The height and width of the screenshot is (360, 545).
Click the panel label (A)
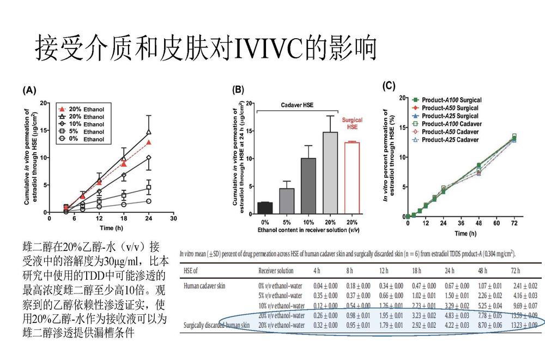29,91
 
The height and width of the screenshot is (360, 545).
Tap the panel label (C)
389,85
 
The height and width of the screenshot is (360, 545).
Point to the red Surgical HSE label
352,123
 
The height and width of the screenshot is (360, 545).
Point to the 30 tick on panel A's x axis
173,219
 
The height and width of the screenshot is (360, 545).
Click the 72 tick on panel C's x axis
514,224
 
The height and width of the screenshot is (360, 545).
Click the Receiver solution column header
276,271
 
